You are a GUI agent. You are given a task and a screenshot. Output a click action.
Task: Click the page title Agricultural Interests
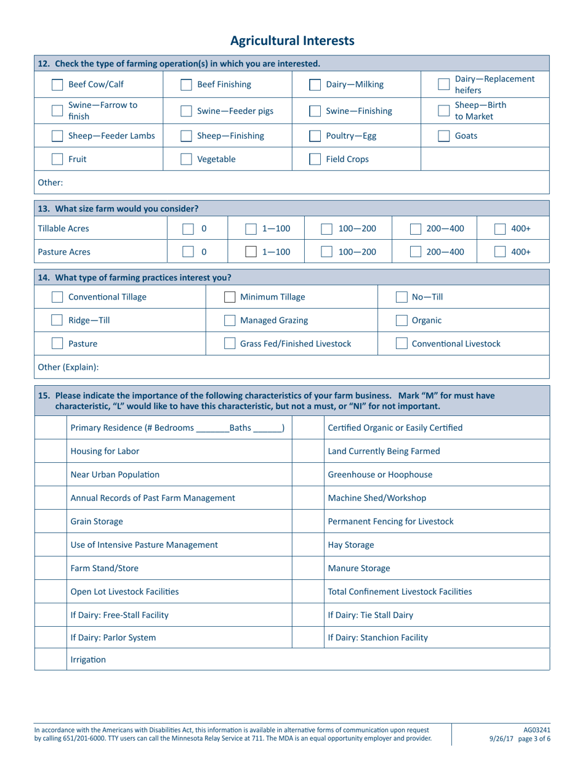292,41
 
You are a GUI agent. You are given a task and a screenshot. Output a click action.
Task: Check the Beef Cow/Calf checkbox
57,84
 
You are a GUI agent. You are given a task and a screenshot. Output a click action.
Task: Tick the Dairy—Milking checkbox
314,84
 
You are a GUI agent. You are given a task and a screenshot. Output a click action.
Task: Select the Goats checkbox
443,136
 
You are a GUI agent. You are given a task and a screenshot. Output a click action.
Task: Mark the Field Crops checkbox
314,160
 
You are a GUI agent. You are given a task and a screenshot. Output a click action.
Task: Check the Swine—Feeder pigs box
185,112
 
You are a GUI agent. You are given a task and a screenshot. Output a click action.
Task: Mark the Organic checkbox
401,320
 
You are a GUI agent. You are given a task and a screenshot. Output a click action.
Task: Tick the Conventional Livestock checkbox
401,343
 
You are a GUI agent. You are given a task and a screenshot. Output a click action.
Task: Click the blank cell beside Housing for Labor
49,451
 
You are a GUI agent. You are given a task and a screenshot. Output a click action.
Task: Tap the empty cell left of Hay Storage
307,545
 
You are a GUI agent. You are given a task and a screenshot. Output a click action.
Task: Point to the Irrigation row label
88,659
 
